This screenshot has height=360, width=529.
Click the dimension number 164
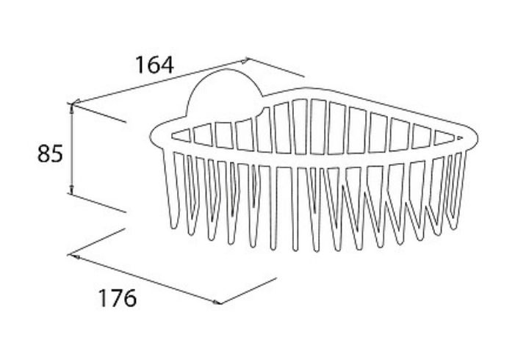[x=154, y=65]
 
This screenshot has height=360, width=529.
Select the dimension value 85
[x=50, y=154]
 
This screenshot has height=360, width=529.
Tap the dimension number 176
[x=118, y=298]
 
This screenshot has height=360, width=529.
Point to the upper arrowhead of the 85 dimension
[x=71, y=107]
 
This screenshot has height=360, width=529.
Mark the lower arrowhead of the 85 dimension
[x=71, y=190]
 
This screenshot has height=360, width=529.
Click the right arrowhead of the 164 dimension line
[x=245, y=60]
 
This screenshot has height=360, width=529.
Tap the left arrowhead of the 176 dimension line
[x=76, y=257]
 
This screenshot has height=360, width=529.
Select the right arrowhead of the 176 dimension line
[x=217, y=302]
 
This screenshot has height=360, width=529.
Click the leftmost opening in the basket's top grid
[x=181, y=135]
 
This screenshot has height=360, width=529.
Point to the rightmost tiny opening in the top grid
[x=459, y=138]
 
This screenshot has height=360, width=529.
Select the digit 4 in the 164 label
[x=167, y=65]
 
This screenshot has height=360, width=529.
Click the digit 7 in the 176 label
[x=117, y=298]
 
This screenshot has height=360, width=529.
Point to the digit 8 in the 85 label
[x=44, y=154]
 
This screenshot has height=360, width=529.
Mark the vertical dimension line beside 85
[x=71, y=149]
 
